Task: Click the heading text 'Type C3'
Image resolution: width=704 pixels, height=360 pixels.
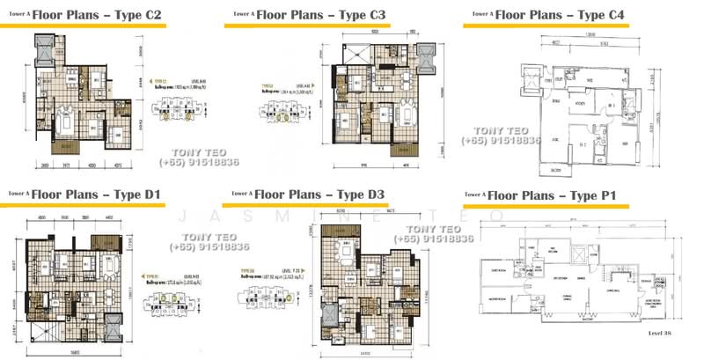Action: pyautogui.click(x=362, y=16)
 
